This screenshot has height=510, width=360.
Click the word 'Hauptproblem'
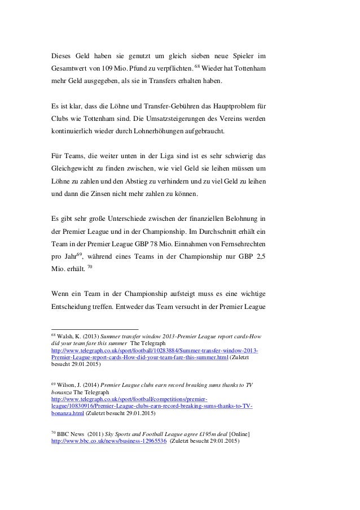pyautogui.click(x=230, y=107)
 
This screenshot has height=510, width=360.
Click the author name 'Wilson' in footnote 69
pyautogui.click(x=65, y=385)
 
